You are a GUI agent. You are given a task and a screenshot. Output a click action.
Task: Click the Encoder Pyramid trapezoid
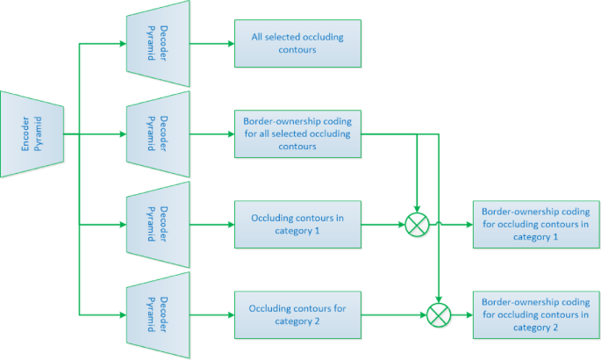pyautogui.click(x=33, y=134)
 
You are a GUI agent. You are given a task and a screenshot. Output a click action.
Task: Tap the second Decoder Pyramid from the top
pyautogui.click(x=158, y=133)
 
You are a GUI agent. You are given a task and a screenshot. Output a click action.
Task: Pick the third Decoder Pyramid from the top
pyautogui.click(x=158, y=224)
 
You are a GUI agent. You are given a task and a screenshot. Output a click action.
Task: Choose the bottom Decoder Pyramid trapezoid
pyautogui.click(x=158, y=313)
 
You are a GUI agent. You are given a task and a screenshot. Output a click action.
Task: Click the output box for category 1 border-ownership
pyautogui.click(x=536, y=225)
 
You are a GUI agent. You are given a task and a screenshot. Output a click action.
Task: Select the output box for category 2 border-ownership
pyautogui.click(x=536, y=314)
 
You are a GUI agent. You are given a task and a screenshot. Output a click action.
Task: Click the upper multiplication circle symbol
pyautogui.click(x=417, y=225)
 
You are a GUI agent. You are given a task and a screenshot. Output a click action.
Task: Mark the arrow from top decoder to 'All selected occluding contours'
pyautogui.click(x=211, y=42)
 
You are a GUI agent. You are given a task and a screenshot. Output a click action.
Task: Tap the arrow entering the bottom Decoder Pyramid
pyautogui.click(x=101, y=314)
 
